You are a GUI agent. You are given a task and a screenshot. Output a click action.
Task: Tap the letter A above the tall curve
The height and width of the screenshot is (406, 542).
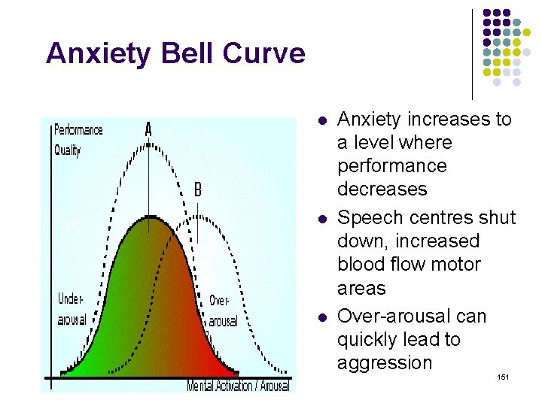(x=148, y=130)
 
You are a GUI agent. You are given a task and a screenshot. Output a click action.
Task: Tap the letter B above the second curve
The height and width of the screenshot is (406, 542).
(x=197, y=189)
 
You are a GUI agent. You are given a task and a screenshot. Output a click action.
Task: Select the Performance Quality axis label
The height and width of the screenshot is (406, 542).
(x=78, y=140)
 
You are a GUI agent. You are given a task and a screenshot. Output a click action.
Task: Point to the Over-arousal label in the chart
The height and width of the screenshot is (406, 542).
(x=222, y=311)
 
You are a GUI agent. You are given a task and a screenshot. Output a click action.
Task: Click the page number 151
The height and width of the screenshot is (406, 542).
(x=504, y=376)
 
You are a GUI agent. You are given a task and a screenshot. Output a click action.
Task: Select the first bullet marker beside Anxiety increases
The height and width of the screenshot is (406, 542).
(x=321, y=120)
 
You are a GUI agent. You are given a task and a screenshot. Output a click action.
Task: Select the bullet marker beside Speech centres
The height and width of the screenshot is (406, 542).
(x=321, y=219)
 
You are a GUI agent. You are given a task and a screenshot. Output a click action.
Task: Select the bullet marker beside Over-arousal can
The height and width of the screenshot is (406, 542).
(x=321, y=317)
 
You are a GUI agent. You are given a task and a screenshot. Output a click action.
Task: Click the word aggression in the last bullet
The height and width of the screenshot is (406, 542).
(x=385, y=363)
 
